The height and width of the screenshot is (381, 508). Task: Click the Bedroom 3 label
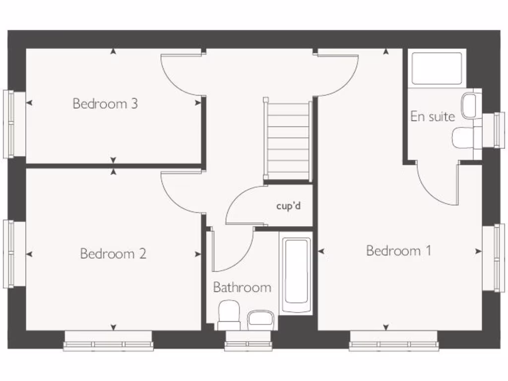coord(105,104)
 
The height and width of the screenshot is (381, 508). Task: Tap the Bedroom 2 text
coord(113,254)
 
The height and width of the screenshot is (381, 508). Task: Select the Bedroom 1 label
coord(398,251)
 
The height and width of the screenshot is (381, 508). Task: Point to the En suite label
coord(432,117)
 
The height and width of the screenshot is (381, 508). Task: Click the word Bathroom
coord(242,287)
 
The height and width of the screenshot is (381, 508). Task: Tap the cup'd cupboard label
coord(288,205)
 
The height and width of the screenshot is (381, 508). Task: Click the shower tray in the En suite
coord(437,68)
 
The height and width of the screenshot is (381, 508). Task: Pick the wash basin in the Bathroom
coord(260,318)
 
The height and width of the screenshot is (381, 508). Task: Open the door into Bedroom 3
coord(182,74)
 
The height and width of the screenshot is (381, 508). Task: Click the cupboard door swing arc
coord(243,203)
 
